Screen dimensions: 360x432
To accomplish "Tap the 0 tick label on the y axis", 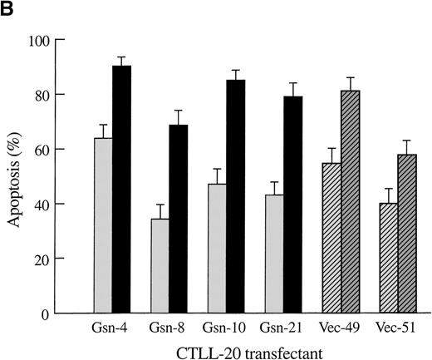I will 67,313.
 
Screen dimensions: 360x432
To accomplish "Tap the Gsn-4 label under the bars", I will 113,328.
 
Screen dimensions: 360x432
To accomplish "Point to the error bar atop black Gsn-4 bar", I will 122,61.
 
